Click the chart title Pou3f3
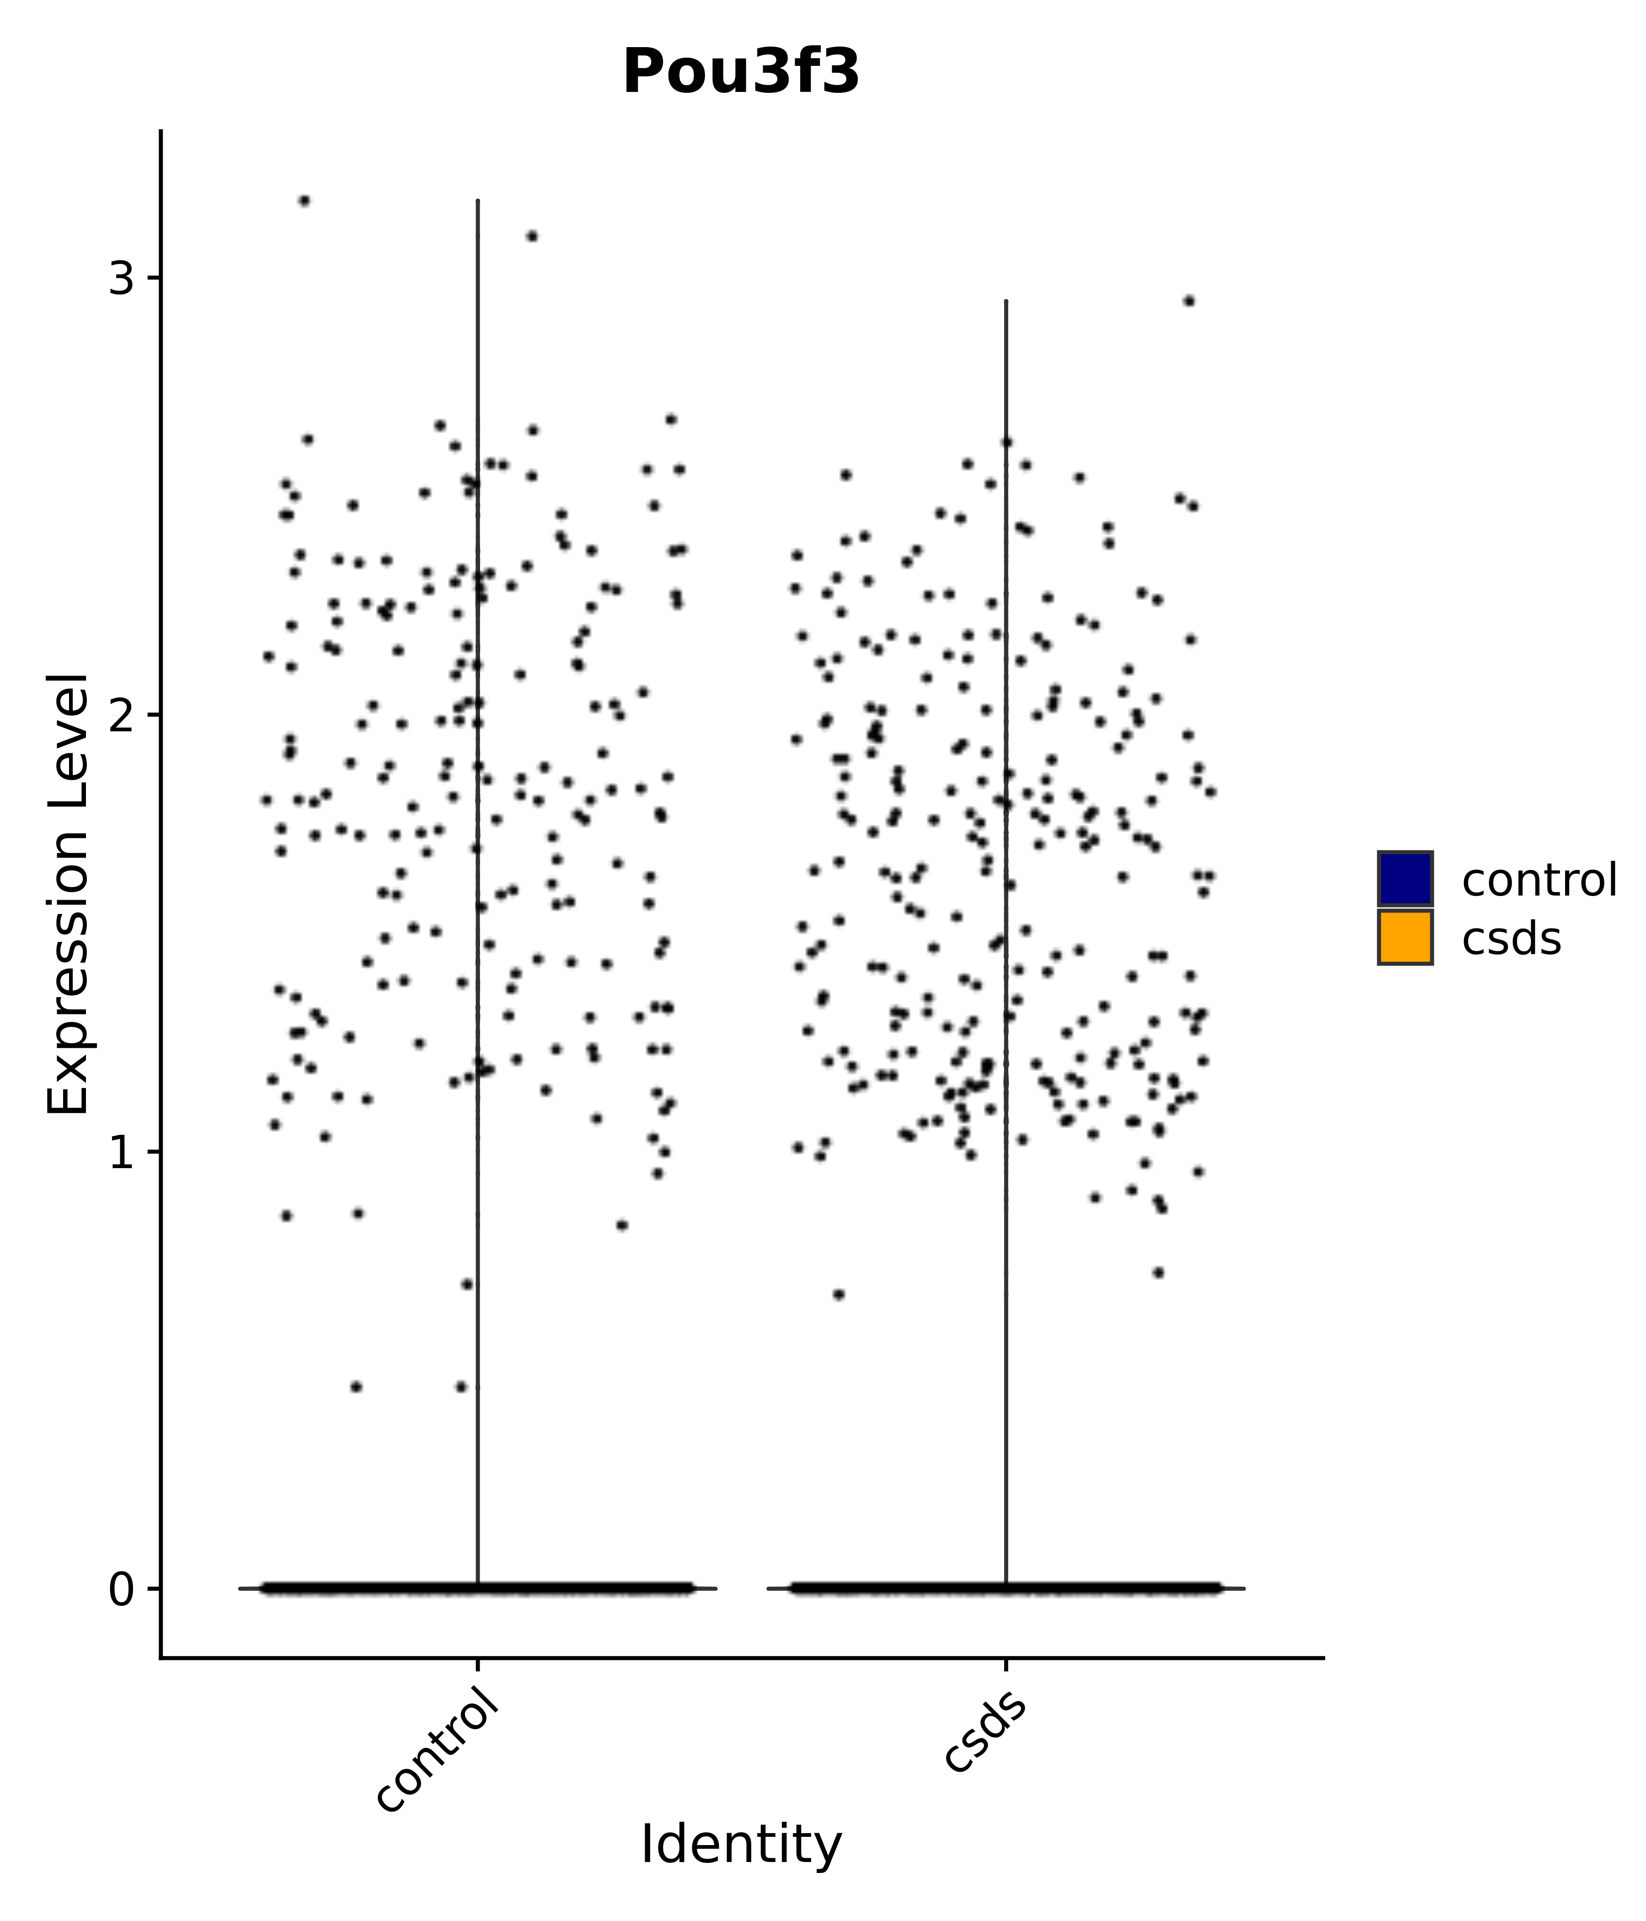pyautogui.click(x=741, y=72)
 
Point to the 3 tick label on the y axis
pyautogui.click(x=122, y=278)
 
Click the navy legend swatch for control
pyautogui.click(x=1404, y=878)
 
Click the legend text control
pyautogui.click(x=1539, y=880)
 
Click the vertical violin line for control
pyautogui.click(x=477, y=834)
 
